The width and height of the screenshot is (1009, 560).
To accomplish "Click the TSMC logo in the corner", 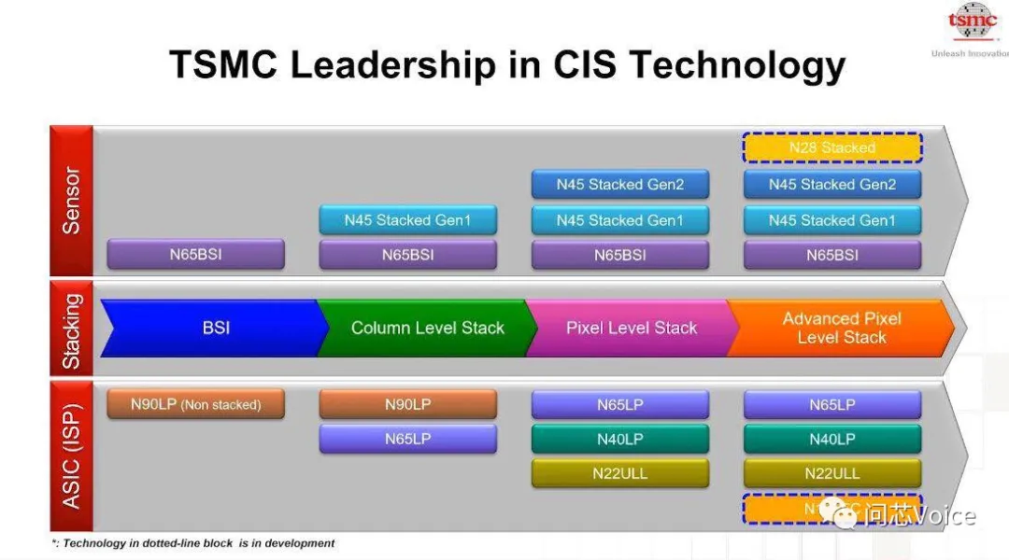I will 973,24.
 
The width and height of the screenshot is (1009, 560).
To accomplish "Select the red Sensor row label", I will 71,200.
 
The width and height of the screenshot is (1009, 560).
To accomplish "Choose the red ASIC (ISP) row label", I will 71,455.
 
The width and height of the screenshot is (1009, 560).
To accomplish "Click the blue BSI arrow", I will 215,328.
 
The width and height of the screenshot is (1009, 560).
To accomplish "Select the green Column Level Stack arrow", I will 427,328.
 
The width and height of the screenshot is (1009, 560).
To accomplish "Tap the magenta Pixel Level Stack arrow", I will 631,328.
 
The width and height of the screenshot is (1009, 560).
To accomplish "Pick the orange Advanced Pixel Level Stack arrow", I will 841,328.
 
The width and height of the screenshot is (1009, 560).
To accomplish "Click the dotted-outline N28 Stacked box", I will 832,147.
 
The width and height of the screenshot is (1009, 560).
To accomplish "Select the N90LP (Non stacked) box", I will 195,404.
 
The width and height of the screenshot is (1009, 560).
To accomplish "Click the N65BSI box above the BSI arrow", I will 195,254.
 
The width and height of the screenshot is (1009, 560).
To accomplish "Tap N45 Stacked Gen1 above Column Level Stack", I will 407,220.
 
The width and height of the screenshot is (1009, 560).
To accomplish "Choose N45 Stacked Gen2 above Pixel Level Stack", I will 620,184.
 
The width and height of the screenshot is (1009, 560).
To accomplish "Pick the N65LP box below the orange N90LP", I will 407,439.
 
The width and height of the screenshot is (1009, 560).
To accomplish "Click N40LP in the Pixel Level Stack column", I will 620,439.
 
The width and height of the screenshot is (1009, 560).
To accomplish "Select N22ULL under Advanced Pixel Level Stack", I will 832,473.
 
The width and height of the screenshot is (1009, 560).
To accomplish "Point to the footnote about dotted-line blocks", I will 192,543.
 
